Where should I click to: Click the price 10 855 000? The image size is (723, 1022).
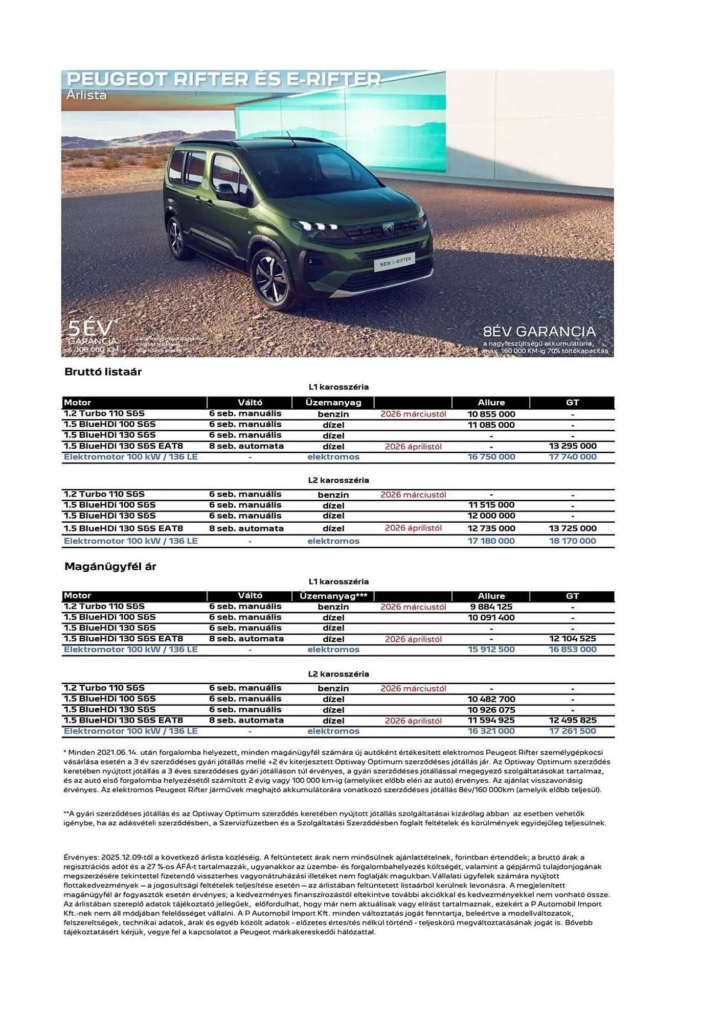491,414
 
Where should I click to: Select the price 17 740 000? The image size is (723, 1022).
572,457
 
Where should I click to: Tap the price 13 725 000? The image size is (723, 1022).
572,528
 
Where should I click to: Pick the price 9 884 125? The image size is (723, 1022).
491,607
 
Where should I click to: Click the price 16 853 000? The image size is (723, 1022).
572,649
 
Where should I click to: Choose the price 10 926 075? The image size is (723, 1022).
491,710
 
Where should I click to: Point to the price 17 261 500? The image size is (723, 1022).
572,731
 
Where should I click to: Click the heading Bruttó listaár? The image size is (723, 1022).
103,372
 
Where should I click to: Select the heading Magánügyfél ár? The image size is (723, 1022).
110,566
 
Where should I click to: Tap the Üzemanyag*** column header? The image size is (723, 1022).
333,596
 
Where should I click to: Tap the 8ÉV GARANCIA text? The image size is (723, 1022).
539,331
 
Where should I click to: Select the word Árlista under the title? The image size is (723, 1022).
86,95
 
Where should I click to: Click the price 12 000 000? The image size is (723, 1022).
491,516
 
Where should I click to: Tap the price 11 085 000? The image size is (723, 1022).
491,425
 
